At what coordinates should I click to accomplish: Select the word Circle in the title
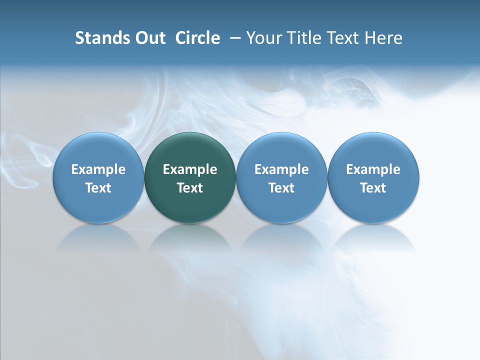(x=197, y=38)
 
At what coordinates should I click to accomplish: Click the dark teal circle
(x=190, y=150)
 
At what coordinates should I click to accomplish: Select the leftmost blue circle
(x=98, y=150)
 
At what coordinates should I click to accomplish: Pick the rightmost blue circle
(x=373, y=150)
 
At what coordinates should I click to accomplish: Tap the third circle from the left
(x=281, y=150)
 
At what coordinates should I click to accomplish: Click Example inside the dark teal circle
(x=190, y=170)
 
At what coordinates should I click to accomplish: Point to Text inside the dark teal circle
(x=190, y=188)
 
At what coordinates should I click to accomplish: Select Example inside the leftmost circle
(x=98, y=170)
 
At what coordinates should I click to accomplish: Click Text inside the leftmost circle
(x=98, y=188)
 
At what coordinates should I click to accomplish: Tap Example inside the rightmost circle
(x=373, y=170)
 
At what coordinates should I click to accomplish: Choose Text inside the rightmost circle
(x=373, y=188)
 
